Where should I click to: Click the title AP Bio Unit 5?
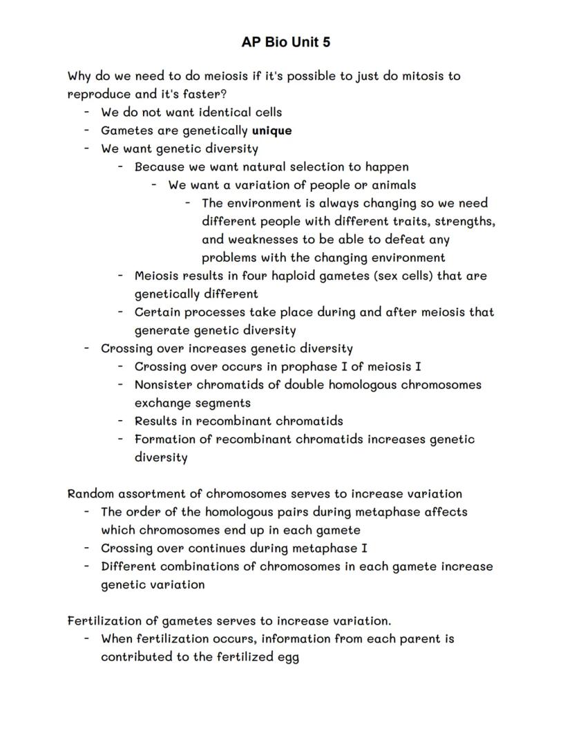pyautogui.click(x=286, y=42)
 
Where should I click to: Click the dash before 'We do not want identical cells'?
pyautogui.click(x=87, y=112)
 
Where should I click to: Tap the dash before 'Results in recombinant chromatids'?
pyautogui.click(x=120, y=421)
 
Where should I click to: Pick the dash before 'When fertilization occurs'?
pyautogui.click(x=87, y=638)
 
